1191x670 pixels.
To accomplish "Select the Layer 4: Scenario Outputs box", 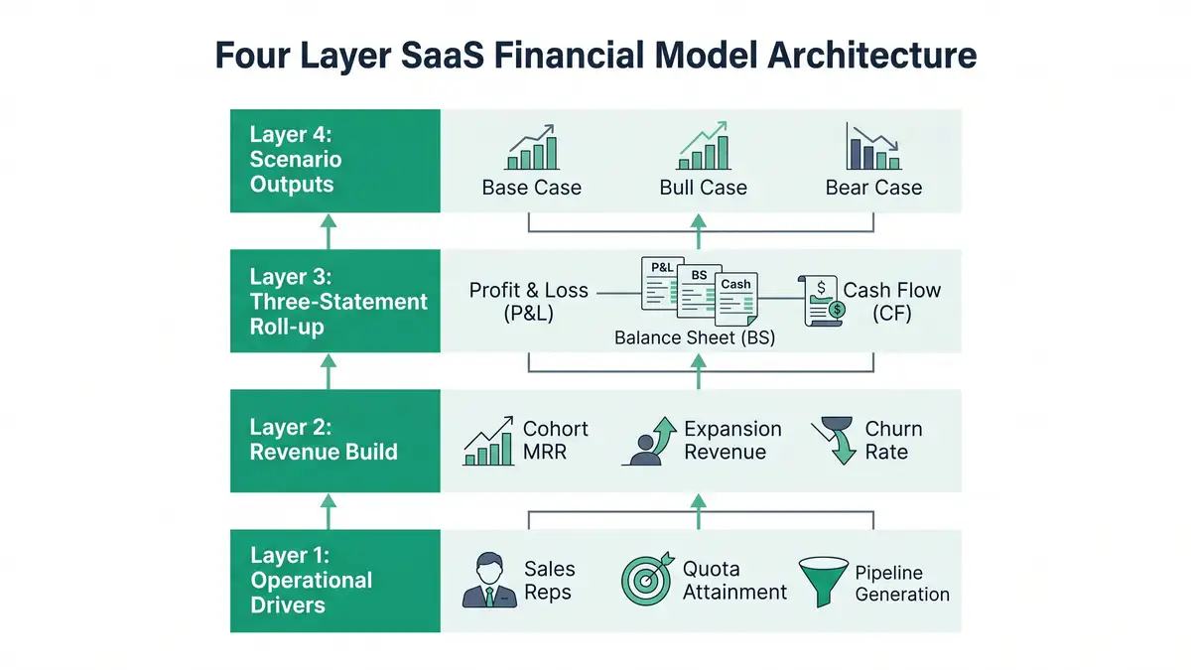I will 335,160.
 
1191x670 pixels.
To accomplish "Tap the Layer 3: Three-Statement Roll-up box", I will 335,301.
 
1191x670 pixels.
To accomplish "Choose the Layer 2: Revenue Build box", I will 335,441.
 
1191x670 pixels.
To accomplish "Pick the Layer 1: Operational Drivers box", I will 335,581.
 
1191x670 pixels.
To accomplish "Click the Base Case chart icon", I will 531,149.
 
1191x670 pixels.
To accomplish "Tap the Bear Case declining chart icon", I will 872,149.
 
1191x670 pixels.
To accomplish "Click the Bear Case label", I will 873,188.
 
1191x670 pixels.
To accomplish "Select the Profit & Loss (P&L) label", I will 529,303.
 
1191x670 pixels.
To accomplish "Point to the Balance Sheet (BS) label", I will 695,337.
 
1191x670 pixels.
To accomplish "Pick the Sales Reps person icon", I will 489,582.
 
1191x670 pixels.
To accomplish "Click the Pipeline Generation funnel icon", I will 823,582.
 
